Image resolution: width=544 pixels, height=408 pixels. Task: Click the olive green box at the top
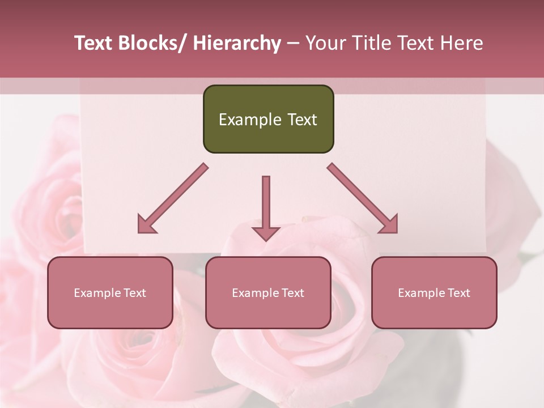pyautogui.click(x=268, y=119)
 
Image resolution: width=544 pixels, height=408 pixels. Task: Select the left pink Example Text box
pyautogui.click(x=110, y=292)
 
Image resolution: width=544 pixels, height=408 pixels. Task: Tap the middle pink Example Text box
pyautogui.click(x=268, y=292)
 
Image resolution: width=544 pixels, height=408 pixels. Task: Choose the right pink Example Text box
pyautogui.click(x=434, y=292)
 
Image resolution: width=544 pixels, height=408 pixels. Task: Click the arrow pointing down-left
pyautogui.click(x=173, y=198)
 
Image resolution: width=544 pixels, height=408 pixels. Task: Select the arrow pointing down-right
pyautogui.click(x=363, y=198)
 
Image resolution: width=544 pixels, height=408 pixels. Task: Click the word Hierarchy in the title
pyautogui.click(x=236, y=43)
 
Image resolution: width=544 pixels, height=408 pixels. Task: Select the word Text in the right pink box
pyautogui.click(x=458, y=293)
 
